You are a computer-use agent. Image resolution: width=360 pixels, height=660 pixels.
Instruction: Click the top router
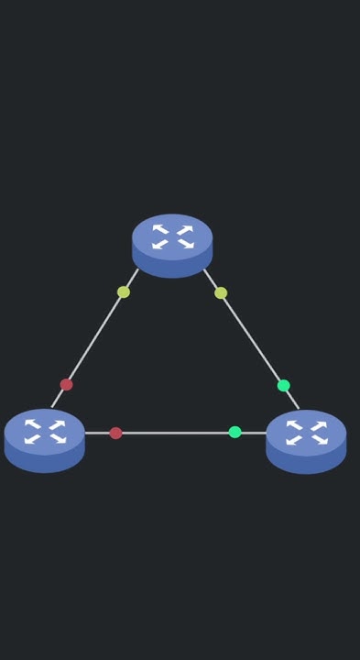click(172, 244)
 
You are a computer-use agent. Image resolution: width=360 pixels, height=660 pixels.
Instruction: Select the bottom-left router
click(45, 439)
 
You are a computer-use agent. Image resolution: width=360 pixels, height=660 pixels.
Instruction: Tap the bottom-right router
click(306, 440)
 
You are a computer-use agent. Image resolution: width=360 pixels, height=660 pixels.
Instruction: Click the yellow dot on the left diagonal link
click(124, 292)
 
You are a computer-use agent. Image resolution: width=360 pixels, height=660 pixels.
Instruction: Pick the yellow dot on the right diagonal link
click(221, 293)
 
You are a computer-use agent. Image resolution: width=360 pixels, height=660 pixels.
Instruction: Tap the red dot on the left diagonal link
click(66, 384)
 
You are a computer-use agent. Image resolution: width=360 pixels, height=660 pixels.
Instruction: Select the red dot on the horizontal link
click(115, 433)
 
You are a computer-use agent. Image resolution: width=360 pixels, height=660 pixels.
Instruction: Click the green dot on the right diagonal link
click(284, 385)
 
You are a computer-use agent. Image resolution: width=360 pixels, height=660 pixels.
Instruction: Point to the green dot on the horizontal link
click(235, 432)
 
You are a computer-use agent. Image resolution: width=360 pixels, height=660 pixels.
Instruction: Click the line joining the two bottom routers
click(174, 433)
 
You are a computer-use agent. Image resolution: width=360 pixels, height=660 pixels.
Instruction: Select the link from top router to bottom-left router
click(94, 338)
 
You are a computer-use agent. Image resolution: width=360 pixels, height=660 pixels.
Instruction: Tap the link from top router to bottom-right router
click(252, 339)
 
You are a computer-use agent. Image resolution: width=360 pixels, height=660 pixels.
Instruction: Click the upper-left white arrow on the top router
click(160, 229)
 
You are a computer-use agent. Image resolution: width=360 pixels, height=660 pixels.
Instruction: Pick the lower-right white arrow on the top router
click(185, 244)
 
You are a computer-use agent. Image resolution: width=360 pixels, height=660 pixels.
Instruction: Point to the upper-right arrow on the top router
click(185, 229)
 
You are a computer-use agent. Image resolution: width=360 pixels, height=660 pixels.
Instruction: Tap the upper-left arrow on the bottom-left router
click(33, 424)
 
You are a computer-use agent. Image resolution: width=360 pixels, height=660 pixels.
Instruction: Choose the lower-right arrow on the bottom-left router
click(58, 439)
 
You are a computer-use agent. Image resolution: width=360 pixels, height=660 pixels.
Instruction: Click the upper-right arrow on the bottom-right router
click(319, 425)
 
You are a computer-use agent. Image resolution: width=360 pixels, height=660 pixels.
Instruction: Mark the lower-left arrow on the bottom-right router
click(294, 440)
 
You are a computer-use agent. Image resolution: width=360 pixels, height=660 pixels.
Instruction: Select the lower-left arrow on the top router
click(160, 244)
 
